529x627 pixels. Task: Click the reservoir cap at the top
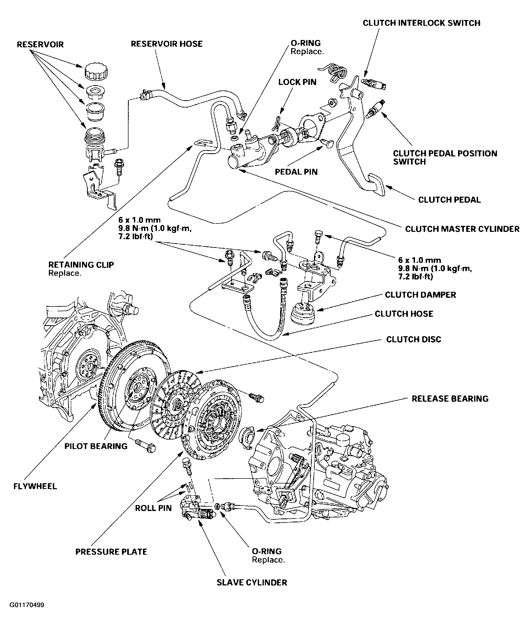coord(96,72)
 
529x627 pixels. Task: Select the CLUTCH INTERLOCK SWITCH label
coord(421,23)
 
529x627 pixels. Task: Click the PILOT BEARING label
coord(96,446)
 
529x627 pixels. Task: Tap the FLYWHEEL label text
coord(35,486)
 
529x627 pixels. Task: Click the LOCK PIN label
coord(297,82)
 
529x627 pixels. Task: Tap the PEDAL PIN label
coord(296,172)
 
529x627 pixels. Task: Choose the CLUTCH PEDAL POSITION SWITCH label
coord(445,157)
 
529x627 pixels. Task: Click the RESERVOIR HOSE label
coord(167,44)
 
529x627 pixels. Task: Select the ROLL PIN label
coord(153,508)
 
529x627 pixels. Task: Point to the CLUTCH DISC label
coord(414,339)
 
